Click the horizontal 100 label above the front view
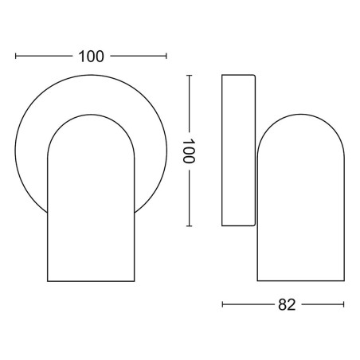click(x=91, y=57)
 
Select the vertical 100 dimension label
click(x=189, y=151)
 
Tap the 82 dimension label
click(x=287, y=305)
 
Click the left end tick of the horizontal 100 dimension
click(x=16, y=56)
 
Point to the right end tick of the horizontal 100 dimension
click(x=166, y=56)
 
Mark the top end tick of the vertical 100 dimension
click(x=189, y=76)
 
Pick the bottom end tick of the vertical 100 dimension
click(x=189, y=226)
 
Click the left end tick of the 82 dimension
click(x=222, y=304)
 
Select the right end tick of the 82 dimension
click(x=344, y=304)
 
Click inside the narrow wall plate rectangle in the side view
click(x=238, y=151)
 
